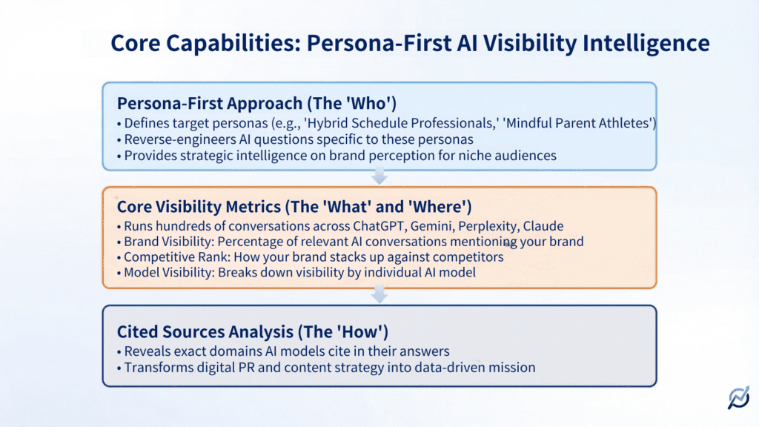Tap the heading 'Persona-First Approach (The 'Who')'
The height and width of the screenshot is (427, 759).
(249, 103)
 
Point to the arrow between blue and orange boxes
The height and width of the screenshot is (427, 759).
(379, 176)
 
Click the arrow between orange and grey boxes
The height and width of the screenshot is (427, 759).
(379, 295)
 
